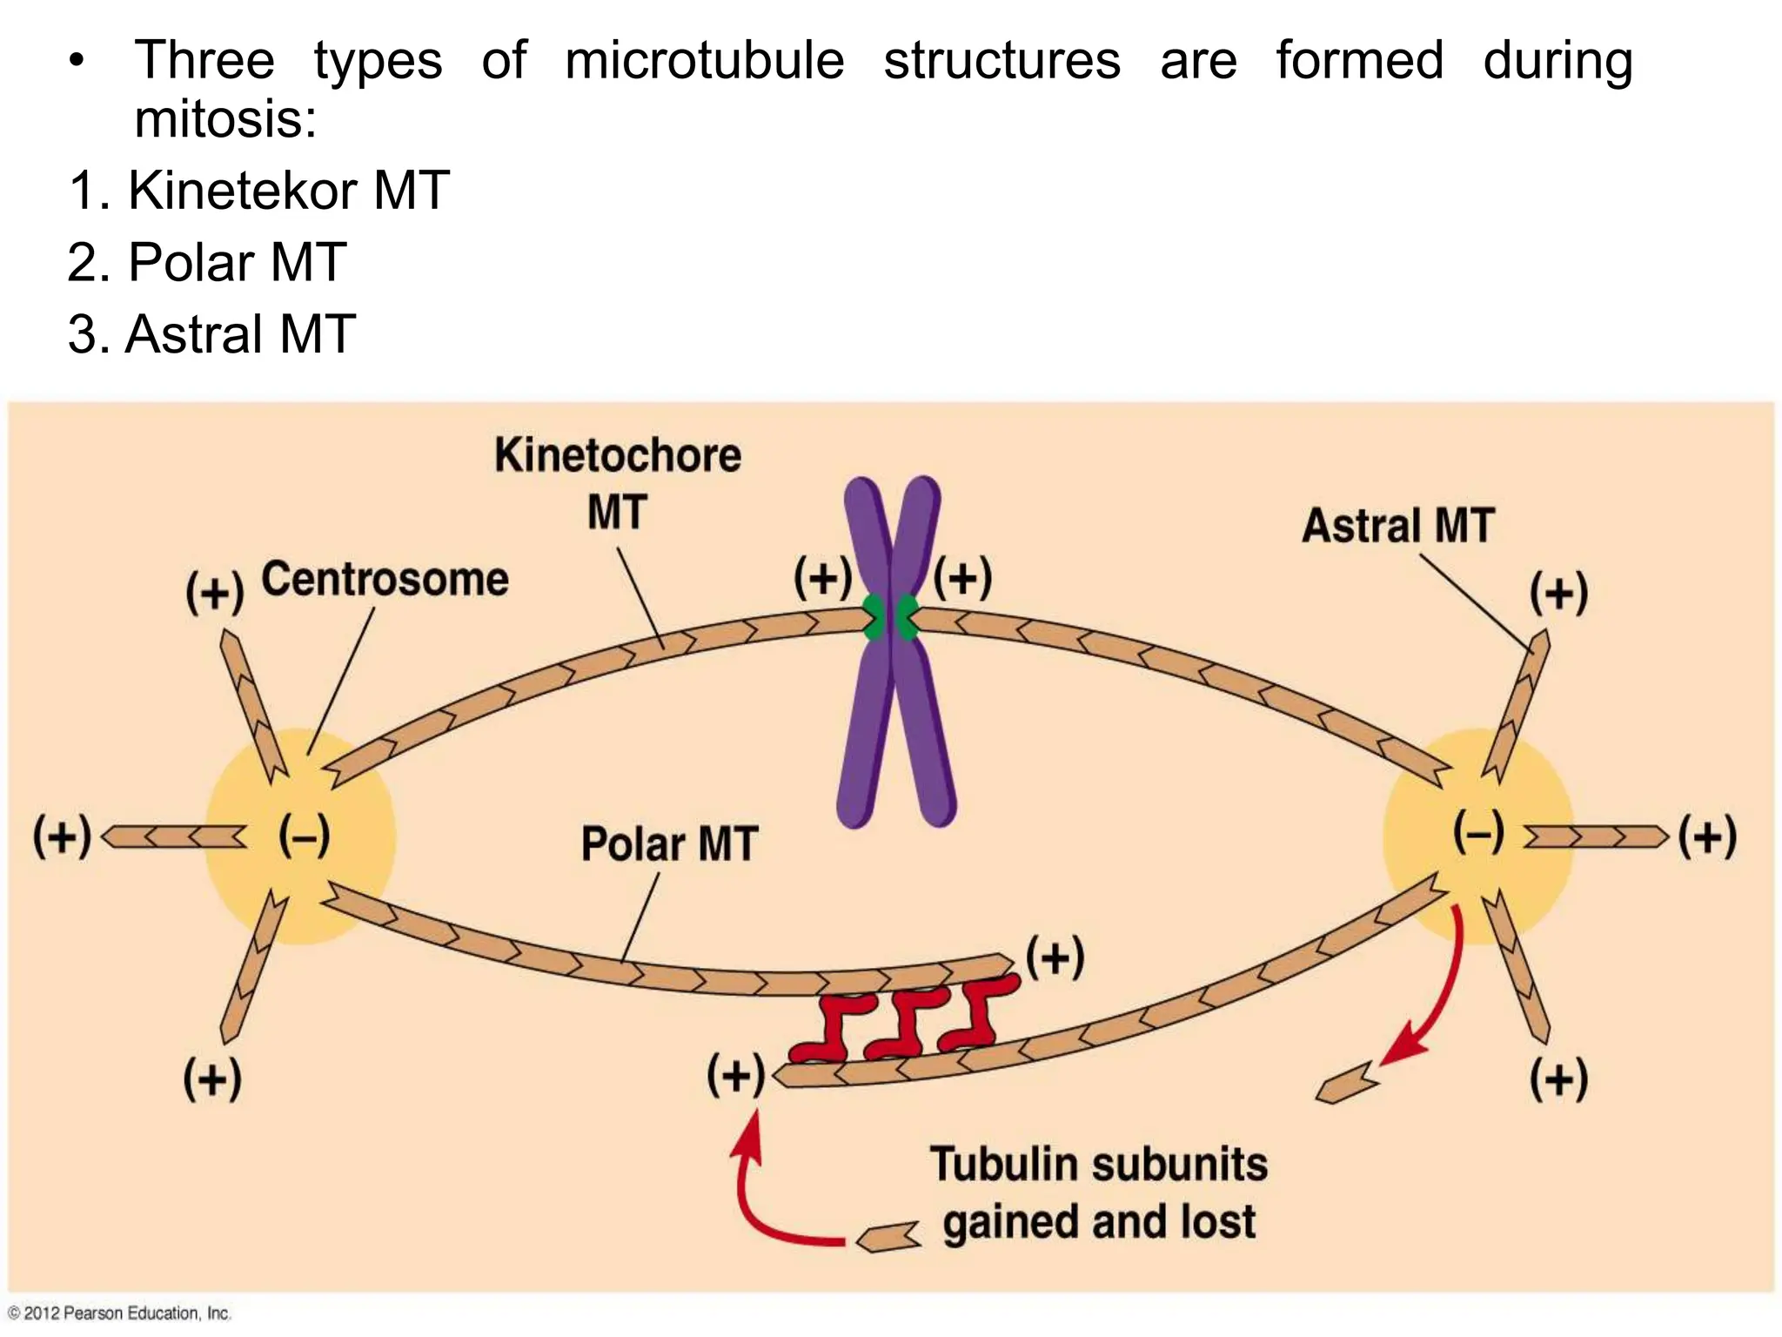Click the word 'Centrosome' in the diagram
pos(385,580)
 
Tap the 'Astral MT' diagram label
pos(1397,526)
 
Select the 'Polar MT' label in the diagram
pos(669,844)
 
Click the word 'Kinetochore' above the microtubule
pos(618,455)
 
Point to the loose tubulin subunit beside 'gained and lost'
pos(888,1236)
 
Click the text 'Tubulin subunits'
pos(1098,1165)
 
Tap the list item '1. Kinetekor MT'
pos(258,191)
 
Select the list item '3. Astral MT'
pos(211,334)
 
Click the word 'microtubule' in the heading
pos(704,61)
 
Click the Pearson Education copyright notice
pos(119,1313)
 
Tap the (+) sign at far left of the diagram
pos(62,836)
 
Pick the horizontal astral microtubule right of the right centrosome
pos(1594,836)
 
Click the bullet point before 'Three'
pos(77,62)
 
